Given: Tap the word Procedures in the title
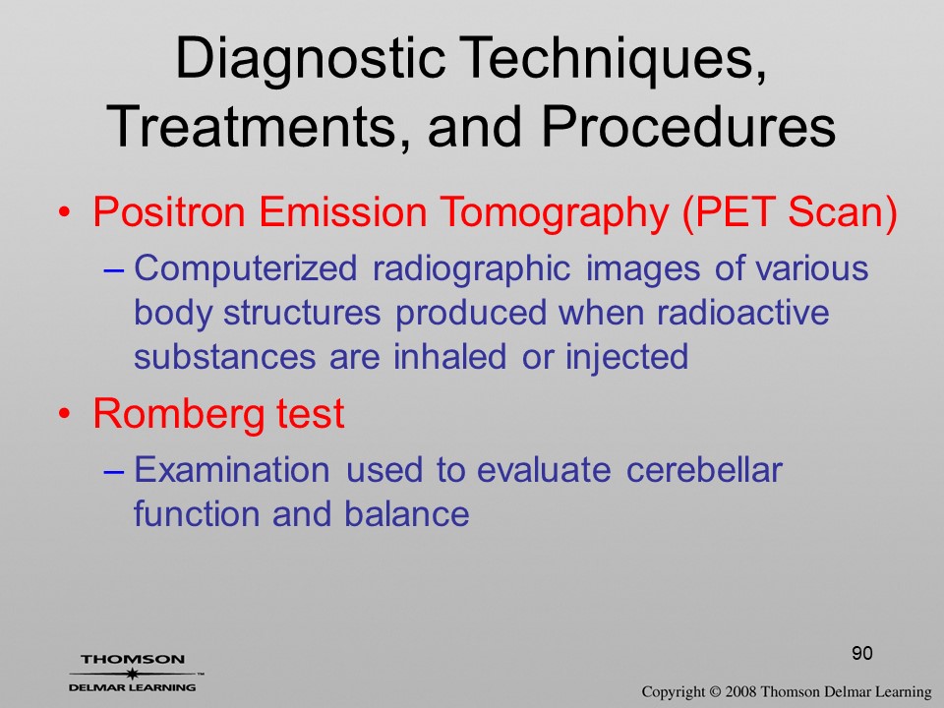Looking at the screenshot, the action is [x=688, y=127].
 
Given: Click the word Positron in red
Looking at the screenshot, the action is [x=169, y=211].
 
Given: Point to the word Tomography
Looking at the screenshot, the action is [x=554, y=213].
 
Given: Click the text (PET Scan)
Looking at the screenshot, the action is [x=790, y=213].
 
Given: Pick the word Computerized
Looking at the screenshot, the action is [x=245, y=268].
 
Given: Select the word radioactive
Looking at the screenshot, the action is [x=742, y=313].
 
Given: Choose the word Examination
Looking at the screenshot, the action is [x=232, y=470].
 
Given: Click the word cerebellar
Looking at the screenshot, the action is [x=704, y=470].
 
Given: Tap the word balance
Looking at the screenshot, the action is [x=406, y=514].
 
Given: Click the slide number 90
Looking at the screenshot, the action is [x=862, y=653].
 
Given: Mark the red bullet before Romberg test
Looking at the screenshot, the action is [x=64, y=414].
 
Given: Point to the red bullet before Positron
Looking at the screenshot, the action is [x=64, y=212].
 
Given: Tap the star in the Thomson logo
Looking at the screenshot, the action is [x=131, y=674].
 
